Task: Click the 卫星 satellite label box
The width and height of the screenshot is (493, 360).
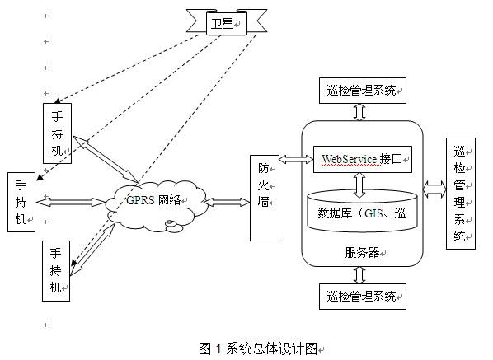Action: click(227, 23)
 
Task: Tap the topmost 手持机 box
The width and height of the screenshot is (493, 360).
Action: click(57, 133)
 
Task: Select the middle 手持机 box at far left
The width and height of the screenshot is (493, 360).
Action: click(21, 202)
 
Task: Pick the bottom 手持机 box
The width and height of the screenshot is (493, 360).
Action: click(56, 271)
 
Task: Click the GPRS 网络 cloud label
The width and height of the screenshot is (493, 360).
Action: click(153, 200)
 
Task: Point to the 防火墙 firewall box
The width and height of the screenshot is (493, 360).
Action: click(265, 198)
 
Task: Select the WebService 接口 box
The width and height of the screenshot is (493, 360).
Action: click(363, 159)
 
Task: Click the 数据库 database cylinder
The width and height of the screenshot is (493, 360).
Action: click(362, 211)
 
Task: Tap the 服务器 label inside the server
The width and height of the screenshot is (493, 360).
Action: click(362, 253)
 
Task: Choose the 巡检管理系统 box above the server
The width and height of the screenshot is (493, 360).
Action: click(363, 91)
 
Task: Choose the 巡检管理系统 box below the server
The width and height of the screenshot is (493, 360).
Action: click(363, 297)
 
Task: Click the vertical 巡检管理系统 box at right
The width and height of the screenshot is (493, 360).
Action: click(461, 194)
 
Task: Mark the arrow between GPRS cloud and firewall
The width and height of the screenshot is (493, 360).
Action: click(227, 202)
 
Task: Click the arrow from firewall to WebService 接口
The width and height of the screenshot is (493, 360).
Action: click(296, 159)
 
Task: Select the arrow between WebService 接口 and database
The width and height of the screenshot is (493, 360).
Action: click(359, 185)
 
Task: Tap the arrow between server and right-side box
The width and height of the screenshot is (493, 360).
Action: click(434, 189)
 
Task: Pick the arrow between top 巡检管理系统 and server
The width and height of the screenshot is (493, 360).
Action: click(359, 112)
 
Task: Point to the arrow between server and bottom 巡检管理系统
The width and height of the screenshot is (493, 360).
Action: click(359, 275)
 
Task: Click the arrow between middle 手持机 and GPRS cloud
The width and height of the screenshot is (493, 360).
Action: click(71, 202)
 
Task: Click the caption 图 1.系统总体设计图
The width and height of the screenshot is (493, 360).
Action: click(258, 348)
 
